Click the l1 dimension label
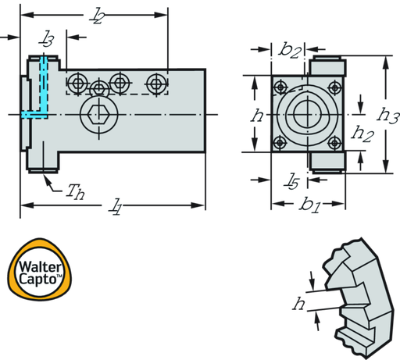115,207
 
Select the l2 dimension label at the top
96,16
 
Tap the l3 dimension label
46,38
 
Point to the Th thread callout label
75,191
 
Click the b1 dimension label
310,205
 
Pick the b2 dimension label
290,50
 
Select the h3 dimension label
387,115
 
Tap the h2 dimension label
362,134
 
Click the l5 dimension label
291,181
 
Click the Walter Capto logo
40,269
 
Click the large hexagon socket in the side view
98,115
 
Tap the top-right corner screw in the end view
335,87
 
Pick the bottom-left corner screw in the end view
280,143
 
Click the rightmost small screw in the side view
156,84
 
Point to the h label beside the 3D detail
298,304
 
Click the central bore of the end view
308,114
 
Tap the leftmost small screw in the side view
78,84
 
